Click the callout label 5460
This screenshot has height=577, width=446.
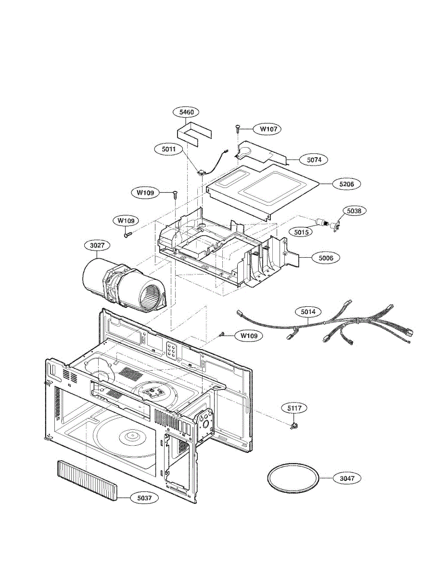point(186,113)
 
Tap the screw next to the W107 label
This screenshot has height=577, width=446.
point(238,128)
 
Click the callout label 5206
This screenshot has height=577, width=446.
point(346,184)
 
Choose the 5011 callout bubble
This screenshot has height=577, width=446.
point(168,149)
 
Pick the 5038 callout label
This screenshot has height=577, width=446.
point(354,211)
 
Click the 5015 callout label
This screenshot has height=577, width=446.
point(304,231)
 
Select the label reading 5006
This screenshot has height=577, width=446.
point(326,258)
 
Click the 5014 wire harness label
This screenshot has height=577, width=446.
point(308,312)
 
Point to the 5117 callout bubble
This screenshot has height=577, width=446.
point(294,408)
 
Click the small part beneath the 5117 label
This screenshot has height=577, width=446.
point(293,426)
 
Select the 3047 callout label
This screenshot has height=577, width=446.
point(346,478)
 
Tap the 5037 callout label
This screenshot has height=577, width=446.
point(144,498)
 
